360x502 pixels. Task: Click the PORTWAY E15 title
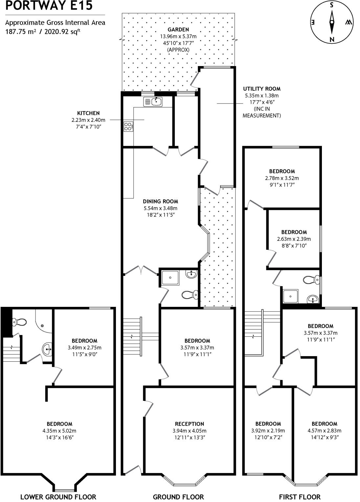(49, 6)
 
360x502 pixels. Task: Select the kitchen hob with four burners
(128, 126)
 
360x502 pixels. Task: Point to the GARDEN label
(178, 30)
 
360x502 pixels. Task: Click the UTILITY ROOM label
(261, 89)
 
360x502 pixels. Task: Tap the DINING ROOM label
(160, 201)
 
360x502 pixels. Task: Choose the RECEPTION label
(189, 424)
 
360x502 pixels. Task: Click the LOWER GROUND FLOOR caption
(58, 497)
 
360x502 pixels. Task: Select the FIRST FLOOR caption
(300, 497)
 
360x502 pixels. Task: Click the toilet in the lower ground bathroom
(19, 322)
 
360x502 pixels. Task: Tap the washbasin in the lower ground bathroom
(47, 349)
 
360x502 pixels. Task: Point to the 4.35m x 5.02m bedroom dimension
(59, 431)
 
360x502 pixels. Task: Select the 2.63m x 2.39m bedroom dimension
(294, 239)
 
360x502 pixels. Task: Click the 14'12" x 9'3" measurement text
(324, 437)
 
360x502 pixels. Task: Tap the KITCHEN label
(88, 113)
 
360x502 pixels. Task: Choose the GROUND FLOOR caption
(178, 497)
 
